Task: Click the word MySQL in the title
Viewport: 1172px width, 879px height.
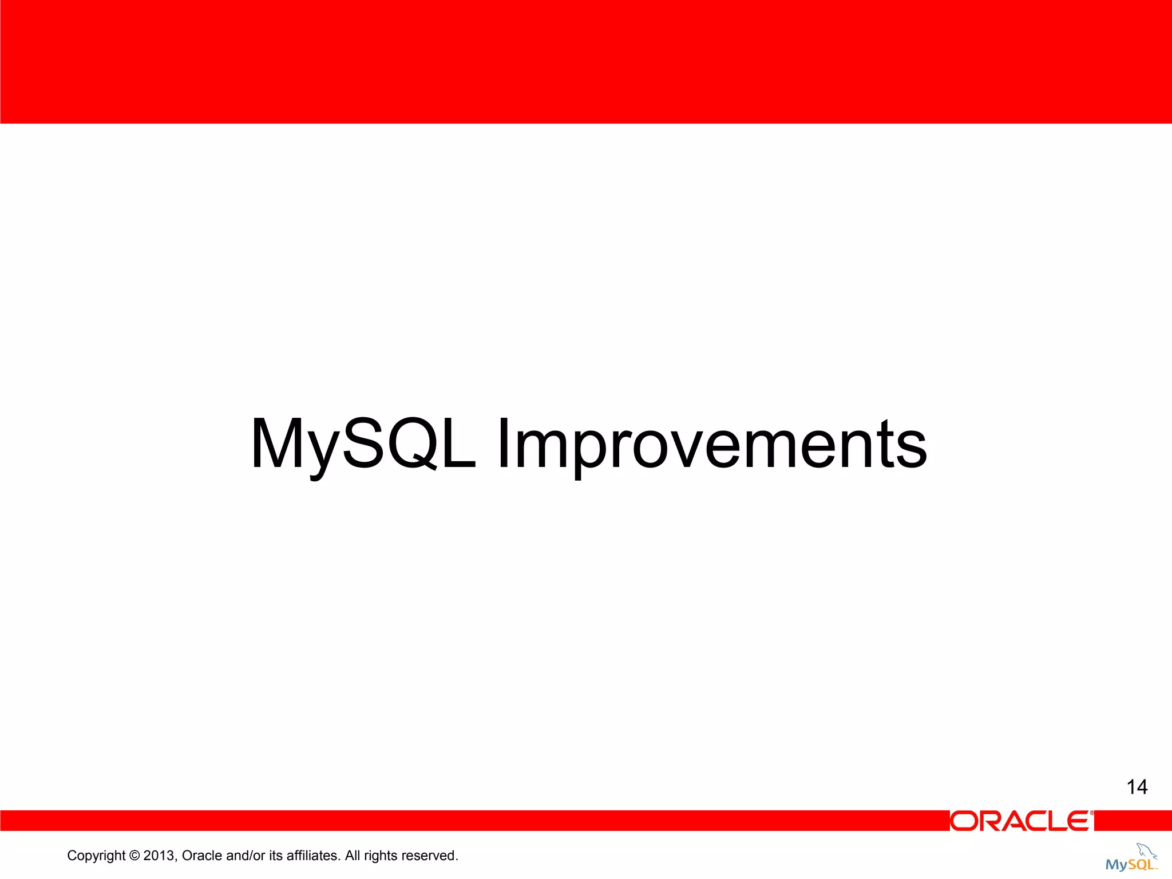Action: [363, 444]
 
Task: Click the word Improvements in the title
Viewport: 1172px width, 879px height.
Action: [711, 444]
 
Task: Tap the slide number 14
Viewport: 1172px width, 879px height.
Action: [1137, 787]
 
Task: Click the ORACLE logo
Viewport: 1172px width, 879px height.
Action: [1020, 821]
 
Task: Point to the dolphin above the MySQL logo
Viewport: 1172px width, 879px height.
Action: [1146, 850]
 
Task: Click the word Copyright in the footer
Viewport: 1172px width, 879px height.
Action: [96, 856]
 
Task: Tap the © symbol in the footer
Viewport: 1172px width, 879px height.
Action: [134, 856]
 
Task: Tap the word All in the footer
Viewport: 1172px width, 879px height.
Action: [353, 856]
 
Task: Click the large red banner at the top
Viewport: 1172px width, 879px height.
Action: [586, 62]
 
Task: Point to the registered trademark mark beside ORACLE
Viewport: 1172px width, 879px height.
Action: [1091, 813]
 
